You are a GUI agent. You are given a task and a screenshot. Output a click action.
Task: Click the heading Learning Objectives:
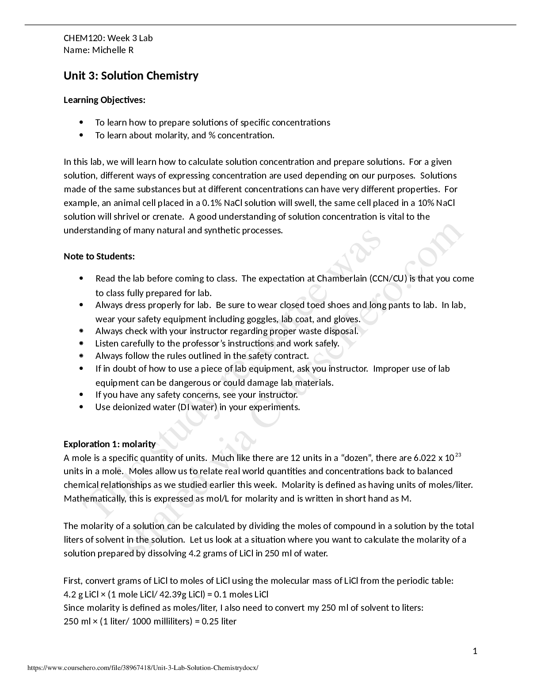[x=104, y=100]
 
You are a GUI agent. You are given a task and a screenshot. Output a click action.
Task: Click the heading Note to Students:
[x=99, y=256]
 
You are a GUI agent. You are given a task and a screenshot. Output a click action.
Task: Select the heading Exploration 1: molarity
[x=110, y=444]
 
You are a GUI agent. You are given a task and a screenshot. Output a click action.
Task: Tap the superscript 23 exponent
[x=458, y=455]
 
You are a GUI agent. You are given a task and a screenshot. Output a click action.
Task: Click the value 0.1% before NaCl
[x=212, y=203]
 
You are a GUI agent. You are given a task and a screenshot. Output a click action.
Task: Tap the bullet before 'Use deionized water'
[x=81, y=407]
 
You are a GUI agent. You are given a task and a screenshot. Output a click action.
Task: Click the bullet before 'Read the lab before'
[x=81, y=278]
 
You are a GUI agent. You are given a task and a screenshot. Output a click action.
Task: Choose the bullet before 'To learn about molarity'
[x=81, y=135]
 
